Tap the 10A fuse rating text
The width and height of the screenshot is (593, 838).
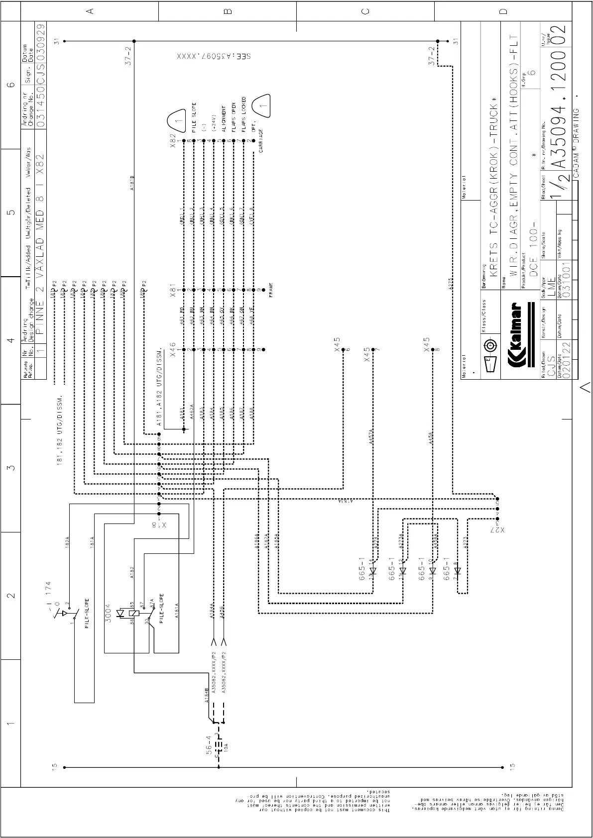tap(225, 746)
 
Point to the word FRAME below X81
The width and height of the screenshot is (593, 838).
tap(271, 290)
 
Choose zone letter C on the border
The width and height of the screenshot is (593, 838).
tap(365, 11)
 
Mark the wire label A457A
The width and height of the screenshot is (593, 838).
tap(370, 436)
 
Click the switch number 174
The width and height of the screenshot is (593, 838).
tap(48, 591)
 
